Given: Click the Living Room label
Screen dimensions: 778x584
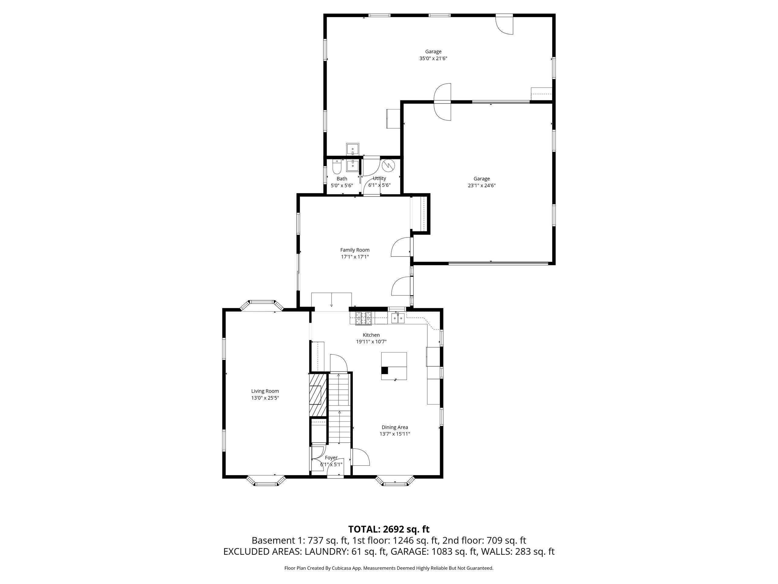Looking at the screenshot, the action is click(265, 391).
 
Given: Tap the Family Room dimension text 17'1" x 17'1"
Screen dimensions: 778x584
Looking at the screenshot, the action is click(355, 257).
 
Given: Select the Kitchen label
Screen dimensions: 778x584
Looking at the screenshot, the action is click(371, 335).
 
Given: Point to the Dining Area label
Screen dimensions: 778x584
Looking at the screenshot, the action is click(395, 427).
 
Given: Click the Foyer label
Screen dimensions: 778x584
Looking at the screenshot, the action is click(331, 458).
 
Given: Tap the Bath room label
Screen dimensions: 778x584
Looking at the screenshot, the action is click(342, 179).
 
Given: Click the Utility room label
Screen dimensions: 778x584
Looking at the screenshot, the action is click(379, 178).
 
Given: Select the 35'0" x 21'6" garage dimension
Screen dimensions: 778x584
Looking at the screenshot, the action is click(433, 58).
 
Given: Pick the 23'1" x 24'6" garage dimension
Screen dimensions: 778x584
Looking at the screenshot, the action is click(481, 186).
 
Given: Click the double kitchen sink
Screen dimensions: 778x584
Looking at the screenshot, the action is click(398, 318).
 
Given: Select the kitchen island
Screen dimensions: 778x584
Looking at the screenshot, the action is click(394, 366).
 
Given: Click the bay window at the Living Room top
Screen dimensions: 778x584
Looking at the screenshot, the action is click(262, 305).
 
